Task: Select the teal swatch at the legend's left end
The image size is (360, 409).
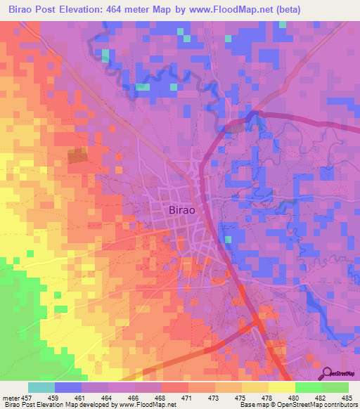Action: coord(41,387)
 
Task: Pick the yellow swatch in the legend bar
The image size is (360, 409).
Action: coord(281,387)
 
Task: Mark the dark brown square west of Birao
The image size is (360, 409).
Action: coord(77,156)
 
